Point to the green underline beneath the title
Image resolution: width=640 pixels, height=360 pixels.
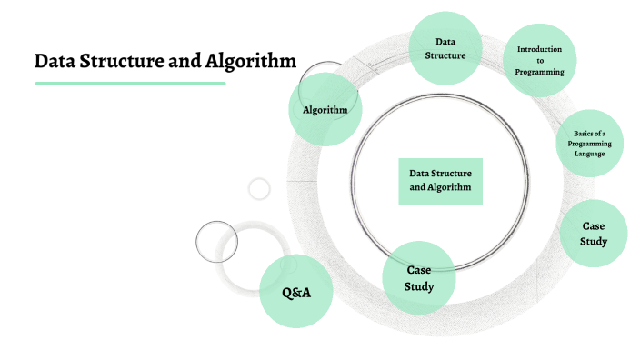[x=130, y=84]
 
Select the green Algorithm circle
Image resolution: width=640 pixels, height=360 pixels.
[x=325, y=110]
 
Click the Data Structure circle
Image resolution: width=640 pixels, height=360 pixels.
[x=445, y=48]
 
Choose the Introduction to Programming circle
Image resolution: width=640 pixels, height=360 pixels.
[x=540, y=60]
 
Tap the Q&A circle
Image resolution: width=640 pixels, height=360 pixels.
[x=296, y=292]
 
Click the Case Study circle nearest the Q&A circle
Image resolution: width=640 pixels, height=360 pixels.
[x=418, y=277]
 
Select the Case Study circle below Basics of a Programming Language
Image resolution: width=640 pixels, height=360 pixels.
[x=593, y=233]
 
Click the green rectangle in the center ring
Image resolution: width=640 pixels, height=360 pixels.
[x=440, y=180]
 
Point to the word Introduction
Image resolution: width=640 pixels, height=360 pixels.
[x=540, y=49]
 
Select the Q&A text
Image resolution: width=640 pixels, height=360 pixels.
[x=296, y=293]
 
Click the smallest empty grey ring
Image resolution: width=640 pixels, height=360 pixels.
[x=259, y=189]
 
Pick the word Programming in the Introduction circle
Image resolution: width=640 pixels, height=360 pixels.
[x=540, y=71]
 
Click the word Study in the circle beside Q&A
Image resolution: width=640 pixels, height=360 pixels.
[x=418, y=286]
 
